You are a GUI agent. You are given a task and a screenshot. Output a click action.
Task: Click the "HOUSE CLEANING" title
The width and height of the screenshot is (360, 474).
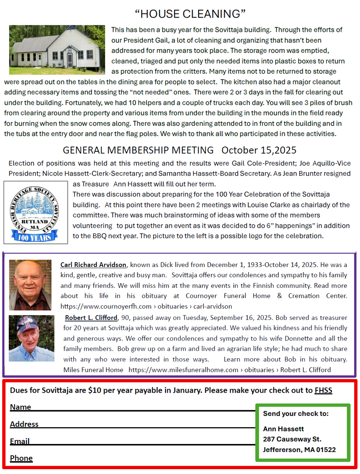[x=190, y=14]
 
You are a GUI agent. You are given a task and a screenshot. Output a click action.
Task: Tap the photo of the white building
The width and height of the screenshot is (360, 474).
[x=57, y=50]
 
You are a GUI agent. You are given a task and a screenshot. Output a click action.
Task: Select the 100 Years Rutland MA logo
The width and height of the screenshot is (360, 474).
[x=36, y=212]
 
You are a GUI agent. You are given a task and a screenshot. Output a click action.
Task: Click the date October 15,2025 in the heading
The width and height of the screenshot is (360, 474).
[x=259, y=150]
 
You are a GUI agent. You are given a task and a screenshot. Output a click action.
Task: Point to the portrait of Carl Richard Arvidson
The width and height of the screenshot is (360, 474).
[x=30, y=285]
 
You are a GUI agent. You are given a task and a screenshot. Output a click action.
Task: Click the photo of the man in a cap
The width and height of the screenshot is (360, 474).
[x=31, y=338]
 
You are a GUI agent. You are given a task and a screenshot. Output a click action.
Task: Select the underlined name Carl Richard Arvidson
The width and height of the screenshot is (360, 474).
[x=93, y=265]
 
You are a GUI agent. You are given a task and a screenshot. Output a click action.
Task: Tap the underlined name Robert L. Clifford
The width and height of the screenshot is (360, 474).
[x=91, y=317]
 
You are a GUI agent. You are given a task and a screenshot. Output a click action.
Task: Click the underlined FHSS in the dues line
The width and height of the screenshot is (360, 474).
[x=323, y=390]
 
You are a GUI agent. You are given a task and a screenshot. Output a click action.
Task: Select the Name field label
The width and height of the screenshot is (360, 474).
[x=20, y=407]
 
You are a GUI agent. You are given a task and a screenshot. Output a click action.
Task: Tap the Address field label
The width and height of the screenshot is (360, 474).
[x=24, y=424]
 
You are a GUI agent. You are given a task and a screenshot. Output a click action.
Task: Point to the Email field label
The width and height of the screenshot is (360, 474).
[x=20, y=441]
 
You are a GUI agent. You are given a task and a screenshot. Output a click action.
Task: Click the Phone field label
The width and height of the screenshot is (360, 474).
[x=21, y=458]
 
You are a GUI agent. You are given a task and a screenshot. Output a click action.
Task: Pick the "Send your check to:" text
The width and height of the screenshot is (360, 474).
[x=296, y=414]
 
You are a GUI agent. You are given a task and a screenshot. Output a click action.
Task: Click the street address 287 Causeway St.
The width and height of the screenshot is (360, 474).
[x=292, y=439]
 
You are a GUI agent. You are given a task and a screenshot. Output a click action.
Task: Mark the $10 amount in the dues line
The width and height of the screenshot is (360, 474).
[x=94, y=390]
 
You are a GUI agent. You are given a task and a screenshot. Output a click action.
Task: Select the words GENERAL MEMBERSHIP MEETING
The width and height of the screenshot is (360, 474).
[x=138, y=150]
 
